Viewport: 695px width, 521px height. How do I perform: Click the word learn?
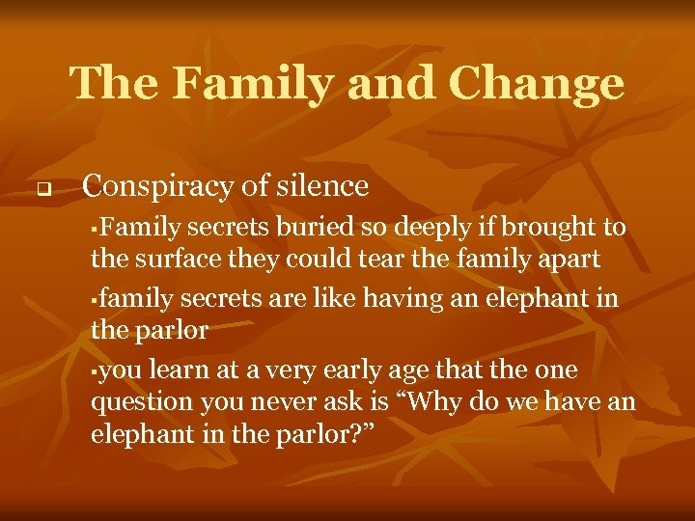pyautogui.click(x=169, y=370)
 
